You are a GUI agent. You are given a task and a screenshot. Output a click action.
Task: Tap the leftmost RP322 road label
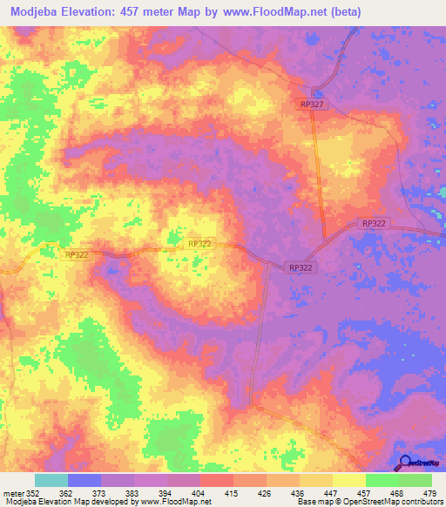pyautogui.click(x=78, y=254)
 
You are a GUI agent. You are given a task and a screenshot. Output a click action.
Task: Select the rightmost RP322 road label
pyautogui.click(x=374, y=224)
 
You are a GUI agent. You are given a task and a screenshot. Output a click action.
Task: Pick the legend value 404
pyautogui.click(x=198, y=492)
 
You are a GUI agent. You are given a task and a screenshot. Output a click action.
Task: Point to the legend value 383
pyautogui.click(x=132, y=492)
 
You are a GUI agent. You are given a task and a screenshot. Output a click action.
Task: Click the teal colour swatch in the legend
pyautogui.click(x=51, y=480)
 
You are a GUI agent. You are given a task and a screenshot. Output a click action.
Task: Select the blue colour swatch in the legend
pyautogui.click(x=84, y=480)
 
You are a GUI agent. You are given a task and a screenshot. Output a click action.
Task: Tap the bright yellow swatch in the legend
pyautogui.click(x=348, y=480)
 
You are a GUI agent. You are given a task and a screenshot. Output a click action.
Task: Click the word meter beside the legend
pyautogui.click(x=11, y=492)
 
